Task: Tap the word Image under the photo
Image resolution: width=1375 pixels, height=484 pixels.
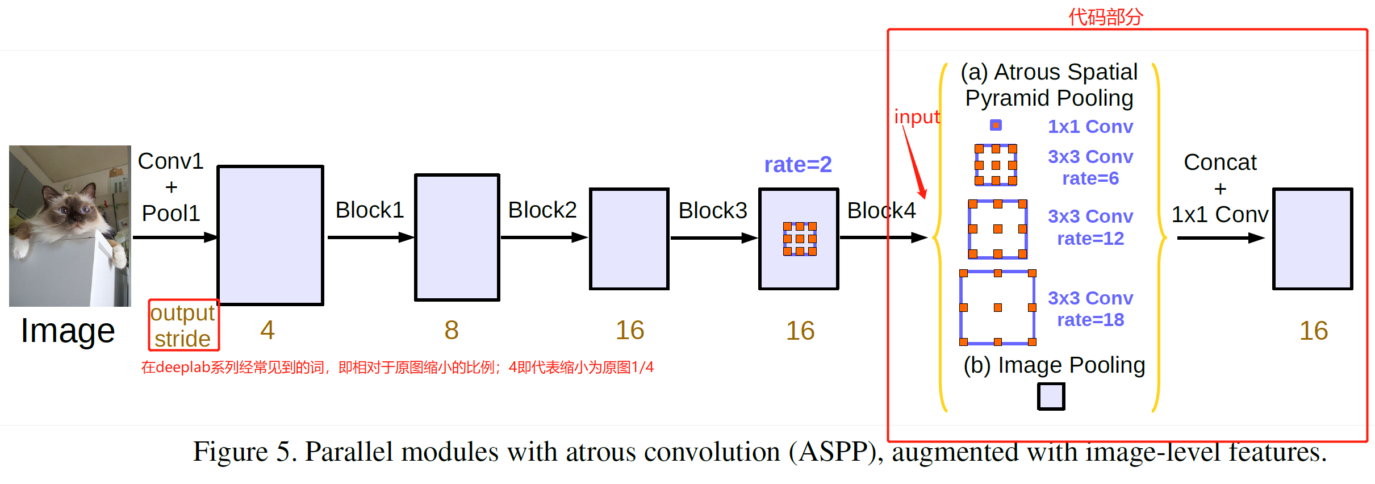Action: point(68,331)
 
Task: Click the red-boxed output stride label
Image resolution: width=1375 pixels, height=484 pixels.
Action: point(183,326)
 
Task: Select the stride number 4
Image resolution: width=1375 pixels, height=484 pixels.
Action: point(268,331)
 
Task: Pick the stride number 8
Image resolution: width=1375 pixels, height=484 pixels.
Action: point(451,331)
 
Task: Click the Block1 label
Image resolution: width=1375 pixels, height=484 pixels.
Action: point(369,210)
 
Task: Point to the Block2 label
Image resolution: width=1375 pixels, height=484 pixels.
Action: point(542,210)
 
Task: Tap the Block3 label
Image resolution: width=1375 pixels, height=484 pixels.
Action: point(712,211)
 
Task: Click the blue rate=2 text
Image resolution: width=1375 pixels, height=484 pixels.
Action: point(797,165)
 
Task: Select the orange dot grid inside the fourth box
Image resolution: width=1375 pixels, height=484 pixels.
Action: point(800,239)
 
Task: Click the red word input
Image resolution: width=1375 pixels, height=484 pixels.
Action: point(917,116)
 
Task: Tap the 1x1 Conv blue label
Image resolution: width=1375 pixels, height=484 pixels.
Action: point(1090,127)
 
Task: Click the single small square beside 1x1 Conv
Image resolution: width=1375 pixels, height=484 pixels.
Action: point(996,125)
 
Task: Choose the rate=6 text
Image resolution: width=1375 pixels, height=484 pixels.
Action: point(1090,178)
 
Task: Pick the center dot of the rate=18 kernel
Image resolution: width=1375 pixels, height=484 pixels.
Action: point(998,307)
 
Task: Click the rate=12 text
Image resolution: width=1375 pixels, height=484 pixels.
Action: point(1090,239)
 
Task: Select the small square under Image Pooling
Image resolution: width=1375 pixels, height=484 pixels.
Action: point(1051,396)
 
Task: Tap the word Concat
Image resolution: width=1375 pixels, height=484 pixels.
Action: point(1219,162)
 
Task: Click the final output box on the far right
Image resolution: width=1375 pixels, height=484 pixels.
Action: point(1312,239)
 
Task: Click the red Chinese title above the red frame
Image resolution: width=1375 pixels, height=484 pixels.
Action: point(1105,17)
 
